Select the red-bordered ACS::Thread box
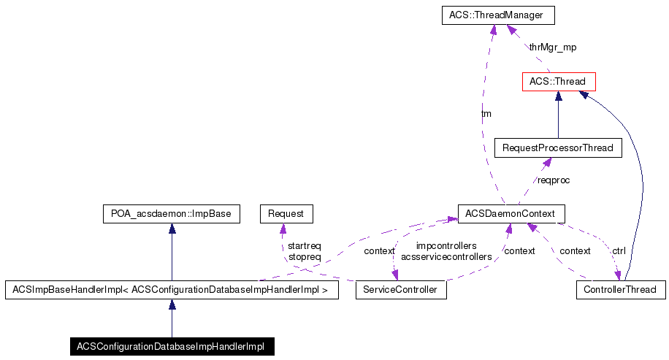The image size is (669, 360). pos(557,81)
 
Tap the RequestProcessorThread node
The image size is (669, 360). pos(558,148)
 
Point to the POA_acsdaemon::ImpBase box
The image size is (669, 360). pos(172,214)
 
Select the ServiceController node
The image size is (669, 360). pos(400,290)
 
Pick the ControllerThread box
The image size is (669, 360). pos(620,290)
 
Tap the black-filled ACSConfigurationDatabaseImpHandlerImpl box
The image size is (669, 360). pos(172,345)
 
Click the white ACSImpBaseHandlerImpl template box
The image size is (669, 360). pos(172,290)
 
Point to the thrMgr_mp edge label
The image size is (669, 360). pos(552,47)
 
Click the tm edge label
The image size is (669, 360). pos(486,114)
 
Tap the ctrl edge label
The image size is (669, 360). pos(619,250)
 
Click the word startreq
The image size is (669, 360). pos(305,246)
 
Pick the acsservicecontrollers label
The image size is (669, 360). pos(446,257)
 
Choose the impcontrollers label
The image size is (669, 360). pos(446,246)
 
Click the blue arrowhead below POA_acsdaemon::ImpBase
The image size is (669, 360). pos(172,229)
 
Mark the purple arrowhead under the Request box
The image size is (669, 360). pos(283,229)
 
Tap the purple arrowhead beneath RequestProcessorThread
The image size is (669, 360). pos(544,162)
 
